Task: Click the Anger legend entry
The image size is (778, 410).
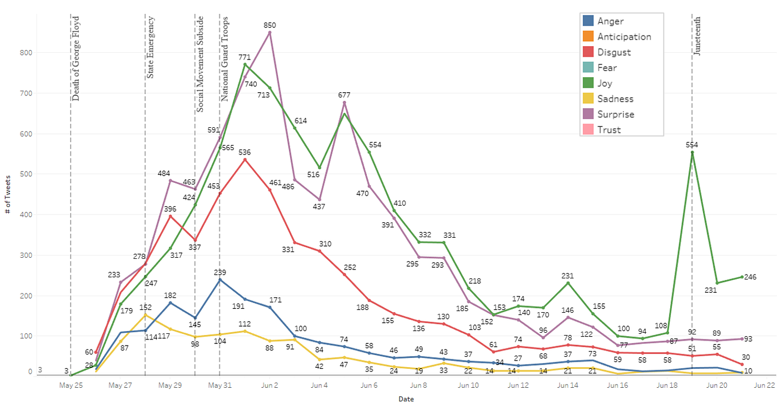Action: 610,21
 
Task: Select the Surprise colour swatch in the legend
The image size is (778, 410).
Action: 589,114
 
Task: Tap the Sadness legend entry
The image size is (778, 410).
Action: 615,99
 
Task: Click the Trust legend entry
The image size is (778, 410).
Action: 609,130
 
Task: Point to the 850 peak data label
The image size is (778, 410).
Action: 270,25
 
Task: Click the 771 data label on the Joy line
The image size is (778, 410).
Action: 245,57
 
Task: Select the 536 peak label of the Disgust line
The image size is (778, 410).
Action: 245,152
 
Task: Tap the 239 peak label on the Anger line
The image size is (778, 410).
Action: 221,272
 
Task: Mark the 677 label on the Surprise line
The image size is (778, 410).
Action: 345,95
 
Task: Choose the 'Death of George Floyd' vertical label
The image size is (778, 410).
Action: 76,58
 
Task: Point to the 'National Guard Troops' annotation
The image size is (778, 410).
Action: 225,58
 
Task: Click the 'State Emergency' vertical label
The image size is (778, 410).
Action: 151,48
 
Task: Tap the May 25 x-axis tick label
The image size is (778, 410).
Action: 71,384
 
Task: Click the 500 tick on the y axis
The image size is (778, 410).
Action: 26,174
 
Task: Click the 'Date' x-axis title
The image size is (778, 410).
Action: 406,399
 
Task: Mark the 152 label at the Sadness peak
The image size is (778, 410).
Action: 146,307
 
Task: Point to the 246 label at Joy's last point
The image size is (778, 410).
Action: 750,277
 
